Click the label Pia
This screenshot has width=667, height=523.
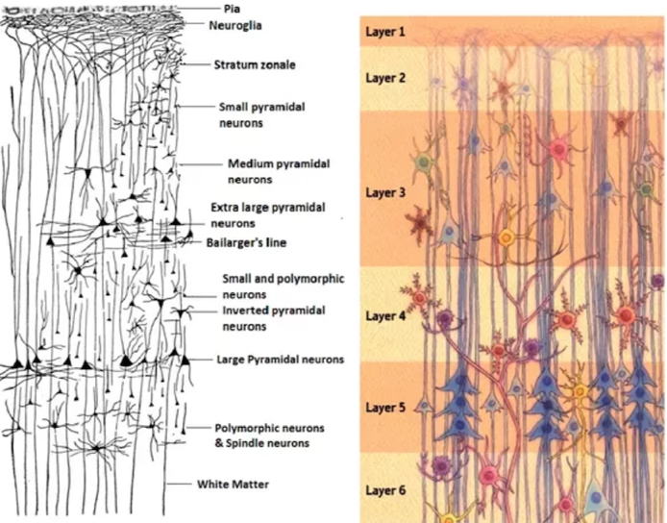click(232, 9)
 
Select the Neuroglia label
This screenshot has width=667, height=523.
click(235, 26)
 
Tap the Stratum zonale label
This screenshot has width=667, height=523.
click(255, 64)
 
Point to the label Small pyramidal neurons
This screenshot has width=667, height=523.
click(262, 115)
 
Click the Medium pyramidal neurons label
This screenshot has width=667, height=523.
click(279, 171)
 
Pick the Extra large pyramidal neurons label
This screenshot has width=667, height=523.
click(268, 215)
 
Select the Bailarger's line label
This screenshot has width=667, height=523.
click(246, 242)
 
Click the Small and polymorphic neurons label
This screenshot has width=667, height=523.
click(284, 286)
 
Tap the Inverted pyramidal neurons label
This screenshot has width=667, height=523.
click(274, 318)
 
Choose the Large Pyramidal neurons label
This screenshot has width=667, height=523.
click(281, 360)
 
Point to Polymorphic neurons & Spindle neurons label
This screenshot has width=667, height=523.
click(269, 436)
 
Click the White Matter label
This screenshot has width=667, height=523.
click(233, 485)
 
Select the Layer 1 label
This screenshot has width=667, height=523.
click(385, 32)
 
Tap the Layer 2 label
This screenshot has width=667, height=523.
click(385, 78)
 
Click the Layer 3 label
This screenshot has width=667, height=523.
click(385, 193)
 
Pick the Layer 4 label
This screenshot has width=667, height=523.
click(385, 316)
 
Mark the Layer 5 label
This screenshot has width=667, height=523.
click(385, 408)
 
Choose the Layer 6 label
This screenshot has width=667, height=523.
click(385, 490)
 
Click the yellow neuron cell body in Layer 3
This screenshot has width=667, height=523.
click(506, 237)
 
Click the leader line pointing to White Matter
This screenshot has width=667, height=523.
click(179, 484)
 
